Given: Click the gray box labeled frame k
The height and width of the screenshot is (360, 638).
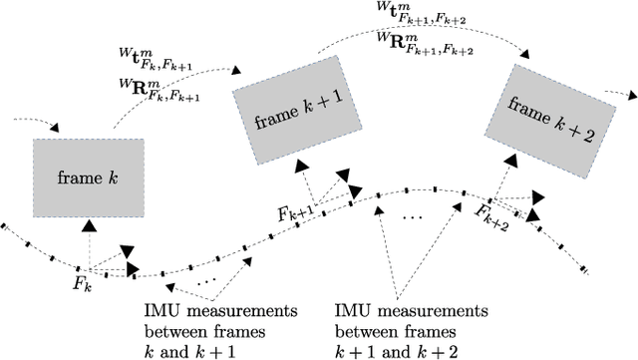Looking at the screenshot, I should (x=89, y=178).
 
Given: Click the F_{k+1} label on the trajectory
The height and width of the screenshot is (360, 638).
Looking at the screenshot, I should (x=295, y=211).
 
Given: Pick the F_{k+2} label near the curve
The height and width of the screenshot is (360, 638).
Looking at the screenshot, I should (x=491, y=214).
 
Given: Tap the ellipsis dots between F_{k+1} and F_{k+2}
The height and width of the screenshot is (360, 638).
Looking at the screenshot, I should (x=410, y=216).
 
